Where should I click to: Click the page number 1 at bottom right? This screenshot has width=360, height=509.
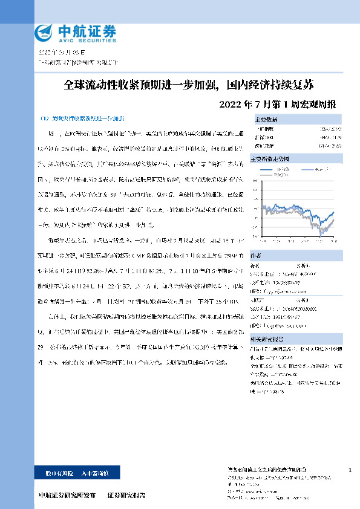coord(350,470)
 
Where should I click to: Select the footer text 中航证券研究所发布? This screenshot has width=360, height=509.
coord(67,495)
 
